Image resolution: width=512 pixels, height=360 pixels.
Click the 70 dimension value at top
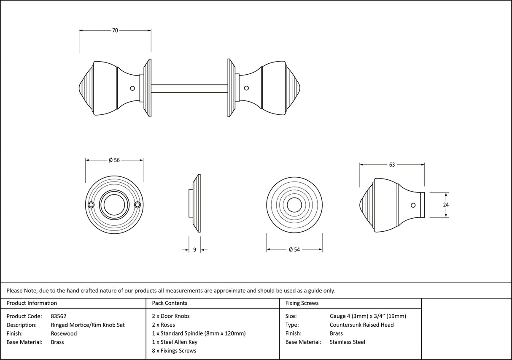[x=115, y=30]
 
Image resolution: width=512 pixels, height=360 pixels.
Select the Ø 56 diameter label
[x=114, y=160]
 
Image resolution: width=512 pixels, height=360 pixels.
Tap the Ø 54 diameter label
[x=294, y=250]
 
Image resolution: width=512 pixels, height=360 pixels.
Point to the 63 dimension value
[x=392, y=165]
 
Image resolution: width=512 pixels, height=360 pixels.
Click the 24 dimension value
[x=446, y=205]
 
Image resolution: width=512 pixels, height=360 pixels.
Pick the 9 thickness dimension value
[x=194, y=250]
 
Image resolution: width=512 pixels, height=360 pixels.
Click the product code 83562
[x=58, y=316]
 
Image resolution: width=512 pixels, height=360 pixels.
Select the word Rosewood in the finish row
[x=64, y=333]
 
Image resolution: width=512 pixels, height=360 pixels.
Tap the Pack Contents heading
[x=170, y=303]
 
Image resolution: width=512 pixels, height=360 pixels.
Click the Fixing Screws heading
[x=302, y=303]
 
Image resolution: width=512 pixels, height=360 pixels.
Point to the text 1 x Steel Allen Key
[x=175, y=342]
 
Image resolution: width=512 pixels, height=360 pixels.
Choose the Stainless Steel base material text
[x=347, y=342]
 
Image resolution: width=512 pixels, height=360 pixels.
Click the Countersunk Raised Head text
[x=361, y=325]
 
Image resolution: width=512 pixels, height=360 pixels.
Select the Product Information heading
[x=32, y=303]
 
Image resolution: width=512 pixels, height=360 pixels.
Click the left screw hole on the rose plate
[x=91, y=205]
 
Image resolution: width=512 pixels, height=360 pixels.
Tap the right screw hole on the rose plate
[x=137, y=205]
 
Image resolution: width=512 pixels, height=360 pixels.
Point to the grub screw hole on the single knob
[x=413, y=205]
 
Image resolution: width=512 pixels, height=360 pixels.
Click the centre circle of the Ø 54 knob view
[x=294, y=205]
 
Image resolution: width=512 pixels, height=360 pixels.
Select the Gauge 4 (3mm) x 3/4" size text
[x=368, y=316]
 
